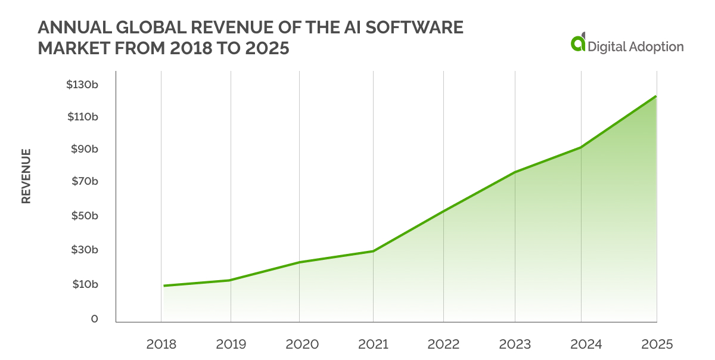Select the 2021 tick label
coord(373,345)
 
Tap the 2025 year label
coord(656,345)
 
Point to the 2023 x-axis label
coord(514,345)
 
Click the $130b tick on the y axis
coord(82,85)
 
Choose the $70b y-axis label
coord(83,181)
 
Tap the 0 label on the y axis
coord(94,319)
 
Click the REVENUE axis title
coord(26,176)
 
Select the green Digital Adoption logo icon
coord(577,44)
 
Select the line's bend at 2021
coord(373,251)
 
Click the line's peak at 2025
coord(655,97)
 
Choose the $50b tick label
coord(83,216)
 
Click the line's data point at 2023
coord(514,172)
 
